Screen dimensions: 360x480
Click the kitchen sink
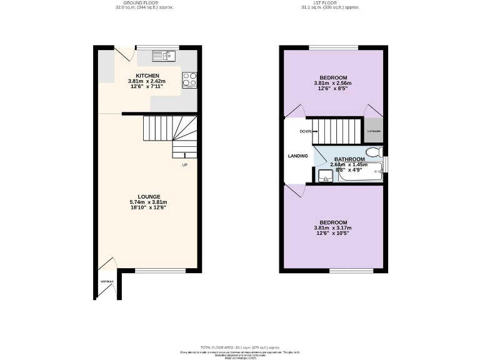(164, 56)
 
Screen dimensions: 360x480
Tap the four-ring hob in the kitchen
(189, 79)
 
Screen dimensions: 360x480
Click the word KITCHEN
(147, 76)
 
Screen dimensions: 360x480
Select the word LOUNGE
(147, 196)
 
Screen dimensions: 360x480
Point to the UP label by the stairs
(184, 165)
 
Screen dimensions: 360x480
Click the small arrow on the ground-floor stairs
(184, 155)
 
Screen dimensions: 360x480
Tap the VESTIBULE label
(107, 282)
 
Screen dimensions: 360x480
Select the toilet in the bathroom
(374, 152)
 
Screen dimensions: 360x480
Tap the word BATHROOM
(349, 159)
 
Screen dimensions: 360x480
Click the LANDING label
(297, 156)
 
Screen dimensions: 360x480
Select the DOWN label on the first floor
(306, 131)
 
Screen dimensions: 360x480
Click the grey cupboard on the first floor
(374, 131)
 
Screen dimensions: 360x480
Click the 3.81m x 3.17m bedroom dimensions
(333, 228)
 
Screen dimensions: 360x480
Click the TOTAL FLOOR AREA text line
(240, 346)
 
